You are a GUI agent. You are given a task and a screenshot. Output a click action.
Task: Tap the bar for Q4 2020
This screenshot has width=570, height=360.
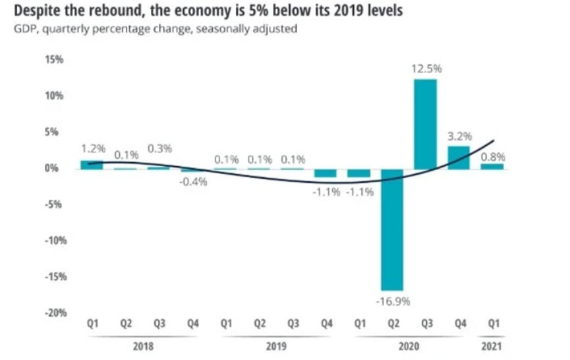459,157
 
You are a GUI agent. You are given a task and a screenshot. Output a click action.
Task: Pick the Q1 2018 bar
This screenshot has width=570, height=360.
91,164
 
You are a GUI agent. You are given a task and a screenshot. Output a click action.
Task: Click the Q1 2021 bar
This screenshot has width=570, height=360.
492,165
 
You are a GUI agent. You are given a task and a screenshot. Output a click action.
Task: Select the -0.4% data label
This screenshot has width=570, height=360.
193,182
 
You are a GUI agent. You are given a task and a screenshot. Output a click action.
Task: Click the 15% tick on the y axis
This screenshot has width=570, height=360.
53,60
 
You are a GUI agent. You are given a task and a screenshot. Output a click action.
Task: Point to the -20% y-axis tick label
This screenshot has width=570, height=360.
52,312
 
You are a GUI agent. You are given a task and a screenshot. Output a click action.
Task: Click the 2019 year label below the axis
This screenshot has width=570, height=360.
275,346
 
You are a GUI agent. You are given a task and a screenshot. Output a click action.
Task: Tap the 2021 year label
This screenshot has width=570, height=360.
492,346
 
